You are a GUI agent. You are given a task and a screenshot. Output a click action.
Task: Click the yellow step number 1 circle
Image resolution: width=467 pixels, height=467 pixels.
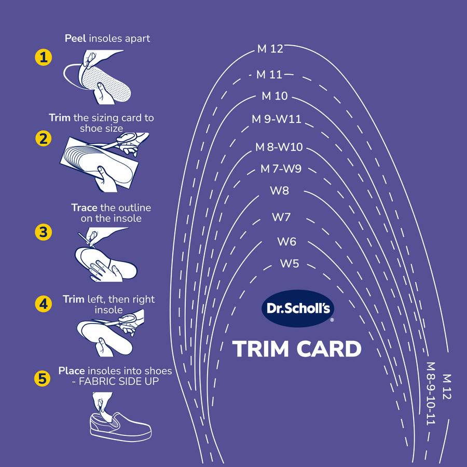[x=43, y=58]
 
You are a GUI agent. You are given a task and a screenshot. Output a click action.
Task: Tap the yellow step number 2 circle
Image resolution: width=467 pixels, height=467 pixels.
[x=43, y=139]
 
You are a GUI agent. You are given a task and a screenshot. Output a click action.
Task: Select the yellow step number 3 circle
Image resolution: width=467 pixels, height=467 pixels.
[x=43, y=232]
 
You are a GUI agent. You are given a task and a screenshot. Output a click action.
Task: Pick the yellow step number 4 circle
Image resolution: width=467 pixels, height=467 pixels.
[x=43, y=305]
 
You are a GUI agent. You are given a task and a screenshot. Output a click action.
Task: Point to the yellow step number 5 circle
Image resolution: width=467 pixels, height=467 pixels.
[x=43, y=379]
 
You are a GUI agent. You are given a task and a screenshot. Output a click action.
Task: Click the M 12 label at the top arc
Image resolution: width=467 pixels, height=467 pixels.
[x=270, y=49]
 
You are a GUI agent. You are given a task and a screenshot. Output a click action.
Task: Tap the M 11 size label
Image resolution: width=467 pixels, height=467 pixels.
[x=269, y=75]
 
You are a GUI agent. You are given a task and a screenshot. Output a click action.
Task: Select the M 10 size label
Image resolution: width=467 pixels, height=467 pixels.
[x=274, y=97]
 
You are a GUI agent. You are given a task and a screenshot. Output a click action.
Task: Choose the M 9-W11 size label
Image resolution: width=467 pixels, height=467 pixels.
[x=276, y=119]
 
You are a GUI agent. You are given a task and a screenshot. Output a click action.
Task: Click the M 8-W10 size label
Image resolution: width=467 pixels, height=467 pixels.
[x=279, y=147]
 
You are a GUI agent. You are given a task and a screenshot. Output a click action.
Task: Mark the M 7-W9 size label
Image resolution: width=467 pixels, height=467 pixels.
[x=281, y=169]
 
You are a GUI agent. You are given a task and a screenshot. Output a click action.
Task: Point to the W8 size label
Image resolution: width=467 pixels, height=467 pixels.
[x=280, y=190]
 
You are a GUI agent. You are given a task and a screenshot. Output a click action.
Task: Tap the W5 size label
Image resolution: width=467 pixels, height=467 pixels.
[x=290, y=264]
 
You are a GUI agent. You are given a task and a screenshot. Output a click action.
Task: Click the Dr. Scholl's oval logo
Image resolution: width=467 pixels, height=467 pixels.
[x=297, y=308]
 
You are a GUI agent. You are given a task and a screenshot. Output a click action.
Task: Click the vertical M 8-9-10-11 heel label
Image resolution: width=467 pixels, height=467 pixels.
[x=430, y=394]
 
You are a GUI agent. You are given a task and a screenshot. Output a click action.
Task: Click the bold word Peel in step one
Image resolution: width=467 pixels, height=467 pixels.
[x=75, y=38]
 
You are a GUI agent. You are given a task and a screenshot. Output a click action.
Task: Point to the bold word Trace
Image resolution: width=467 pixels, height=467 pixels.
[x=84, y=208]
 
